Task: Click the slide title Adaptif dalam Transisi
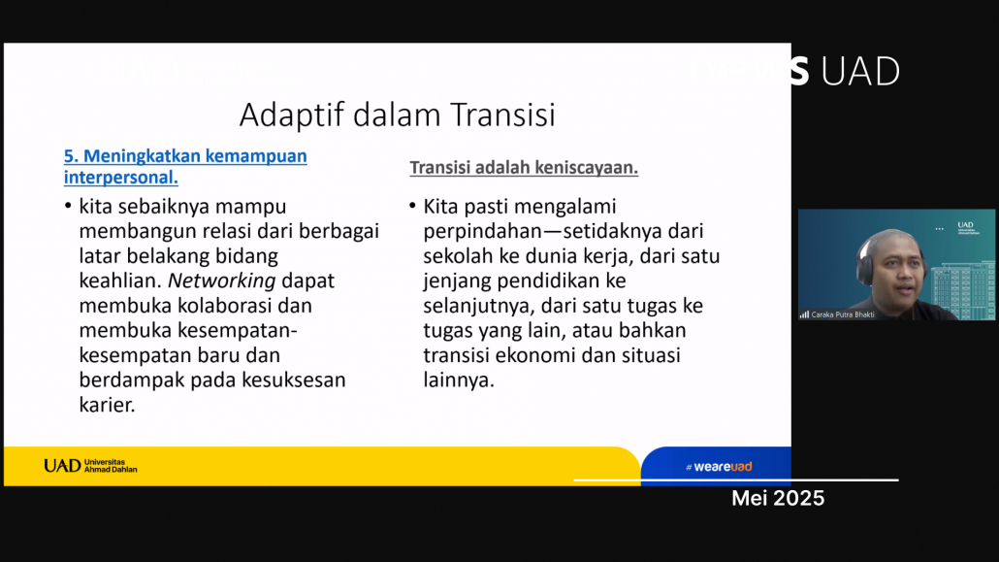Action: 397,115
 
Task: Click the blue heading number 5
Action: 71,155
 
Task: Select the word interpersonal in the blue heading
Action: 120,178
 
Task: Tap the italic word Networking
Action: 222,281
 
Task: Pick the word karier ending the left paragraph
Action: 107,405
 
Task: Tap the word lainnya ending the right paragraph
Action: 459,380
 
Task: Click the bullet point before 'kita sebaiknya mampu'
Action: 68,206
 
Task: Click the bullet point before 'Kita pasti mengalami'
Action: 412,206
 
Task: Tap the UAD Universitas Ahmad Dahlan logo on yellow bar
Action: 90,466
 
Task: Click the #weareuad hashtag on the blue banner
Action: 719,467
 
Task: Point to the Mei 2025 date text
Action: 778,498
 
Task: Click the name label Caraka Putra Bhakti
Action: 842,314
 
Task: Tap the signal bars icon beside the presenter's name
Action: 804,314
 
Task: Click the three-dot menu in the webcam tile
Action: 939,228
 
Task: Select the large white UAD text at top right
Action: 860,71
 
